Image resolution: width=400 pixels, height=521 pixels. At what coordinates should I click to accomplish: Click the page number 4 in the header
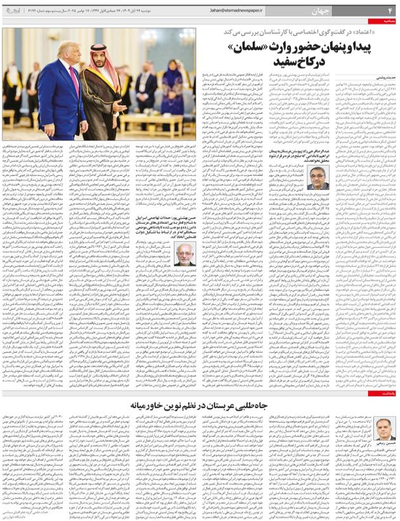point(390,11)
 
